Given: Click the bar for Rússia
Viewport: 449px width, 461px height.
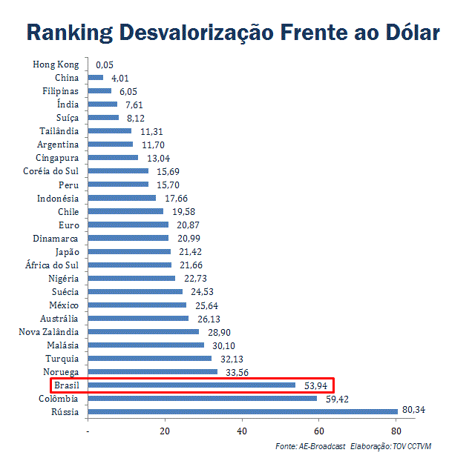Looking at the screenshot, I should click(243, 411).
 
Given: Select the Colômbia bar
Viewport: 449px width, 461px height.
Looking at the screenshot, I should click(203, 398).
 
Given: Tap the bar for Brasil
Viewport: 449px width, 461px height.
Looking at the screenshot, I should click(191, 385).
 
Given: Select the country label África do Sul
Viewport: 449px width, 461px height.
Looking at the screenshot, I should click(50, 265).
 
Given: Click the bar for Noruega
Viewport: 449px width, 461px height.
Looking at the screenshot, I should click(153, 371).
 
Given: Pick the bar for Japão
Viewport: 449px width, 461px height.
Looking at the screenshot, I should click(129, 251).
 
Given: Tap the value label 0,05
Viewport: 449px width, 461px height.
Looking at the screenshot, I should click(105, 64).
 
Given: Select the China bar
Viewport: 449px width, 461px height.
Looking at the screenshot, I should click(96, 78).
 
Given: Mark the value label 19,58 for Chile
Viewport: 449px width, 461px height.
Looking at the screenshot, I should click(180, 211).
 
